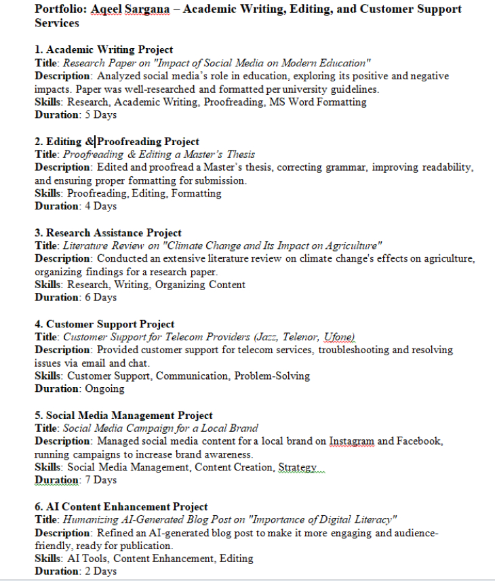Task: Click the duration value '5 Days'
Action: [100, 115]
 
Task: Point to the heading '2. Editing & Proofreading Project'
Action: [117, 142]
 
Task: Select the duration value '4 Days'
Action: [100, 206]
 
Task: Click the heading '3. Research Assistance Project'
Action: [108, 233]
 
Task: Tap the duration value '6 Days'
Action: [100, 297]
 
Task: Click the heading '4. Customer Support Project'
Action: [104, 324]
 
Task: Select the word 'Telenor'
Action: [298, 336]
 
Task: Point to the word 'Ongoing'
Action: [104, 388]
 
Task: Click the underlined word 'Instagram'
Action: [352, 441]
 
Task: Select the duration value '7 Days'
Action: [100, 480]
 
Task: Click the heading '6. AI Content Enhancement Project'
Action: [121, 506]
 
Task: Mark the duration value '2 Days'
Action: [100, 571]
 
